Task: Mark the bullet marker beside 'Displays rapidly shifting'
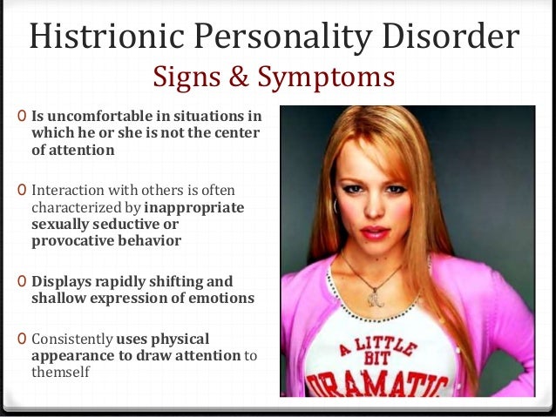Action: pyautogui.click(x=22, y=281)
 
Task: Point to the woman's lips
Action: pyautogui.click(x=374, y=232)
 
